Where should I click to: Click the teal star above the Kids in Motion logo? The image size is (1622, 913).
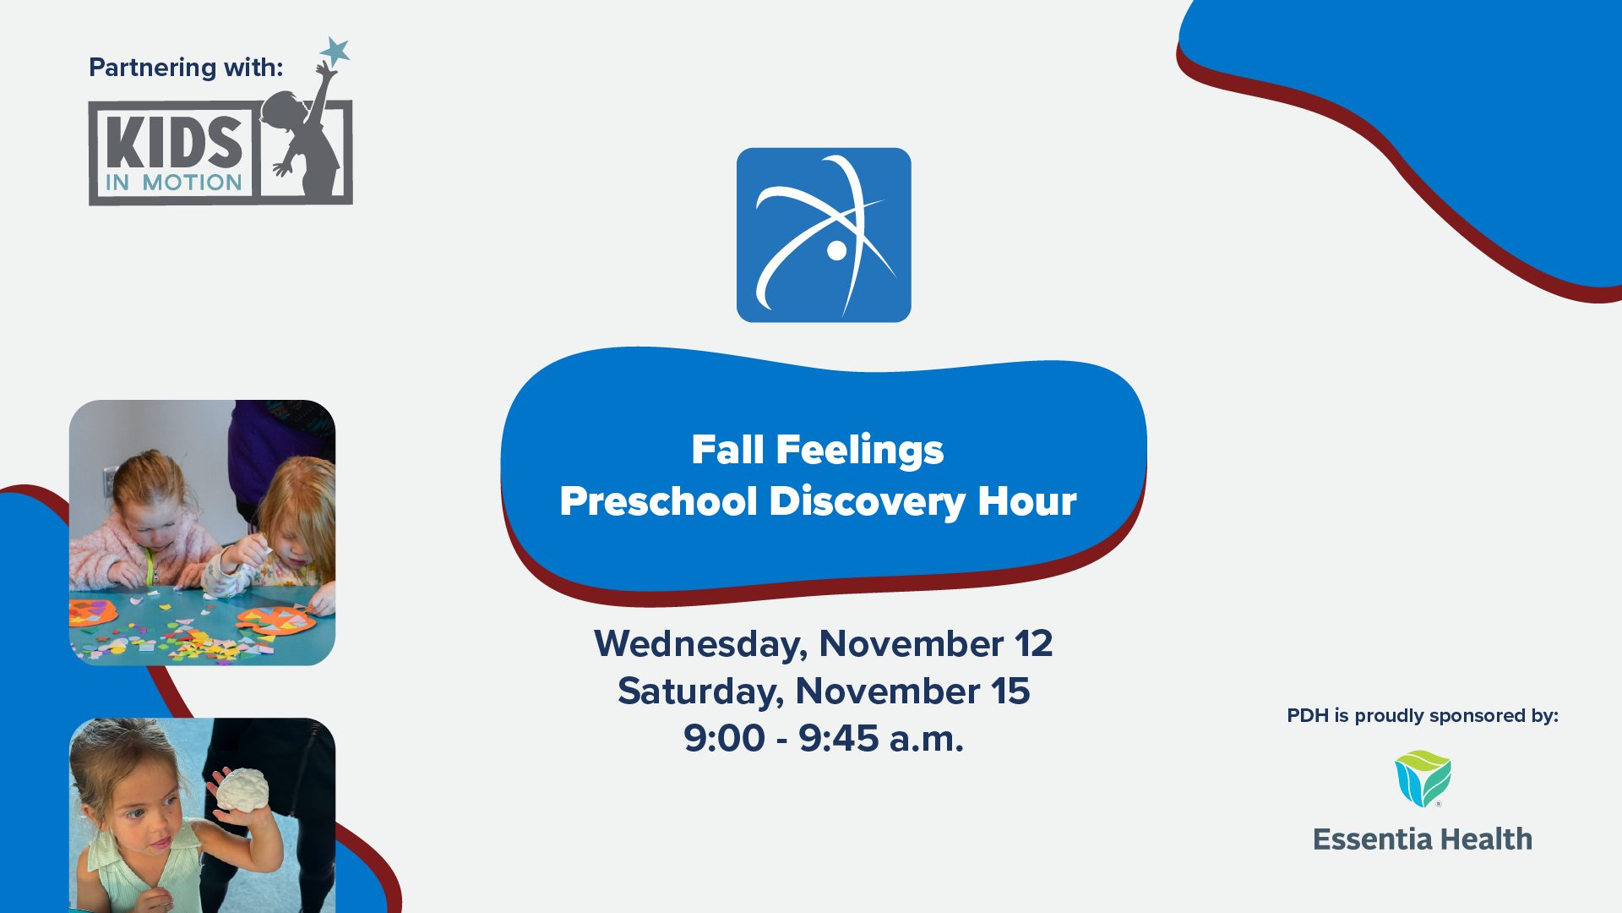(335, 52)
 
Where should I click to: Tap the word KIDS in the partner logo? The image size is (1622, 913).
(175, 142)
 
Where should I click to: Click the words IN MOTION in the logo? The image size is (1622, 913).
(174, 183)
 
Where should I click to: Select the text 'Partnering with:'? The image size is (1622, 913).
(186, 68)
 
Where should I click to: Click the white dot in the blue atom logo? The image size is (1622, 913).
(836, 250)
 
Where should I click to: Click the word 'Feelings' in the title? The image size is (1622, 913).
(859, 451)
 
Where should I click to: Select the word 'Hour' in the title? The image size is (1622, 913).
(1027, 501)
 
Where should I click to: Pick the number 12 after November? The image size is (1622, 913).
(1033, 644)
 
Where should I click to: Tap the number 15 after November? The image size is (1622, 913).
(1010, 692)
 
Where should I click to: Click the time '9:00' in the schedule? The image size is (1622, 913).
(724, 738)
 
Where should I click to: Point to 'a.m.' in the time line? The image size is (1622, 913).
(926, 739)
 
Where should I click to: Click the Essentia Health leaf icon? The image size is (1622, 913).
(1423, 779)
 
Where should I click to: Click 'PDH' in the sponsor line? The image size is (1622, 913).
(1308, 716)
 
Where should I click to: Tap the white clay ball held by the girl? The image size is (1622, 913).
(242, 790)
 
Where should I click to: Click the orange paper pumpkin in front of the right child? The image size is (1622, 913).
(276, 621)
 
